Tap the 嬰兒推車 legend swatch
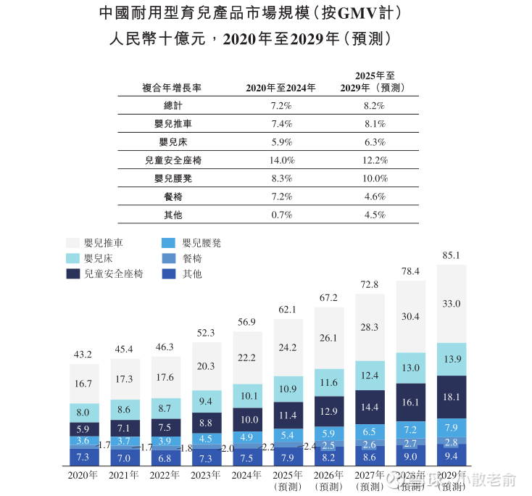click(72, 243)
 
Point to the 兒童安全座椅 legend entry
click(113, 274)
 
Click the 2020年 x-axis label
click(83, 476)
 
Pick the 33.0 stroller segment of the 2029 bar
click(451, 304)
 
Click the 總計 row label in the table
click(173, 106)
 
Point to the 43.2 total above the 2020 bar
click(83, 355)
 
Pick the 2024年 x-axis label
click(247, 476)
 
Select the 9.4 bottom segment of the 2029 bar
click(451, 456)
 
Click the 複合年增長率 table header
click(173, 88)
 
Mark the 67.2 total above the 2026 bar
click(328, 298)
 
